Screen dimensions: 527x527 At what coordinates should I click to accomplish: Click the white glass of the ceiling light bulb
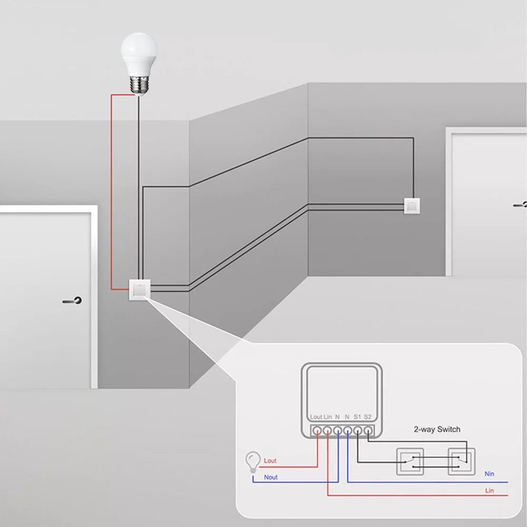(x=139, y=54)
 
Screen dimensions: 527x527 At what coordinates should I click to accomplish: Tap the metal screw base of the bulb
(x=139, y=86)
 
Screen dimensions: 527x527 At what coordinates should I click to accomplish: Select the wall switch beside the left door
(x=140, y=290)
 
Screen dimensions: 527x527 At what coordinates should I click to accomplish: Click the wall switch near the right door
(x=412, y=206)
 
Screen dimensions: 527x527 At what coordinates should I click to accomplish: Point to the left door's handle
(x=72, y=300)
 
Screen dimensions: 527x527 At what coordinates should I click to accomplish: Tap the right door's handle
(x=520, y=204)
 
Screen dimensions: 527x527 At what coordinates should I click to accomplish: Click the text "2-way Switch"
(x=437, y=429)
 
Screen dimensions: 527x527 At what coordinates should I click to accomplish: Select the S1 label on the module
(x=357, y=417)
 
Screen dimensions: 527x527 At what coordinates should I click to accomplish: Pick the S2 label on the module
(x=368, y=417)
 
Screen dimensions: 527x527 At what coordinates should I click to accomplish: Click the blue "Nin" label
(x=490, y=474)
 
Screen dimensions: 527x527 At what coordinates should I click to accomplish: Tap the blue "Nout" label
(x=271, y=477)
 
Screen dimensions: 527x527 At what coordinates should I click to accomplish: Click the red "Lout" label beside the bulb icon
(x=270, y=461)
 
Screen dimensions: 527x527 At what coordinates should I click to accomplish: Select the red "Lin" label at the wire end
(x=490, y=491)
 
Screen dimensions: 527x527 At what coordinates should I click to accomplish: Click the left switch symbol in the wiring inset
(x=410, y=462)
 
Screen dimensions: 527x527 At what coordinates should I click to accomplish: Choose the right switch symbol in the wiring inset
(x=462, y=462)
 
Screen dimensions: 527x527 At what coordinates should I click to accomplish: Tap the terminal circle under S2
(x=368, y=431)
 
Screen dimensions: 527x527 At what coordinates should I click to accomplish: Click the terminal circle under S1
(x=358, y=431)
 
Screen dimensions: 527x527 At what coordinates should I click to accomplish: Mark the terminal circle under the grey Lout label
(x=317, y=431)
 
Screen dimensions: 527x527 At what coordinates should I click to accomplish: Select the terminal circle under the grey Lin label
(x=327, y=431)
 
